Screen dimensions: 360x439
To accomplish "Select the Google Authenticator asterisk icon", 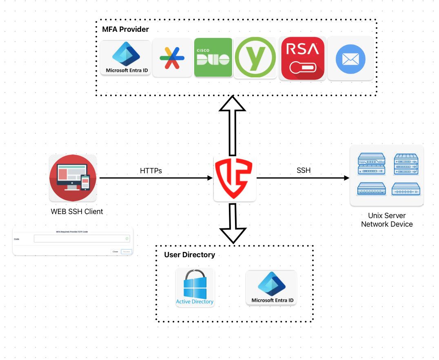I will point(172,57).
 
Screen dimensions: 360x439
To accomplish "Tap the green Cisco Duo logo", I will point(213,57).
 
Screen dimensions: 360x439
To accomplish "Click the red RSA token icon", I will point(302,57).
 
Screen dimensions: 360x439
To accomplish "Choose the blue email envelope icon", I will point(350,58).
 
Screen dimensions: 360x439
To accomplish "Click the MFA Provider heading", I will point(125,29).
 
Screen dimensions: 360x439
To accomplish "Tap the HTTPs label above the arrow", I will point(151,171).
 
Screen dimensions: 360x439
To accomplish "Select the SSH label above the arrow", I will point(304,170).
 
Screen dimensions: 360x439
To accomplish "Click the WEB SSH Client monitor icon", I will point(73,178).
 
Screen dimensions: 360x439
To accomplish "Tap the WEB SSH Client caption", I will point(77,212).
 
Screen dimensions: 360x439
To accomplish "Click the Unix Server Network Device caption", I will point(387,220).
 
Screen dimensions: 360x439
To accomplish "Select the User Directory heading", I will point(189,255).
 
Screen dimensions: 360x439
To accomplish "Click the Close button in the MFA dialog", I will point(115,252).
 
